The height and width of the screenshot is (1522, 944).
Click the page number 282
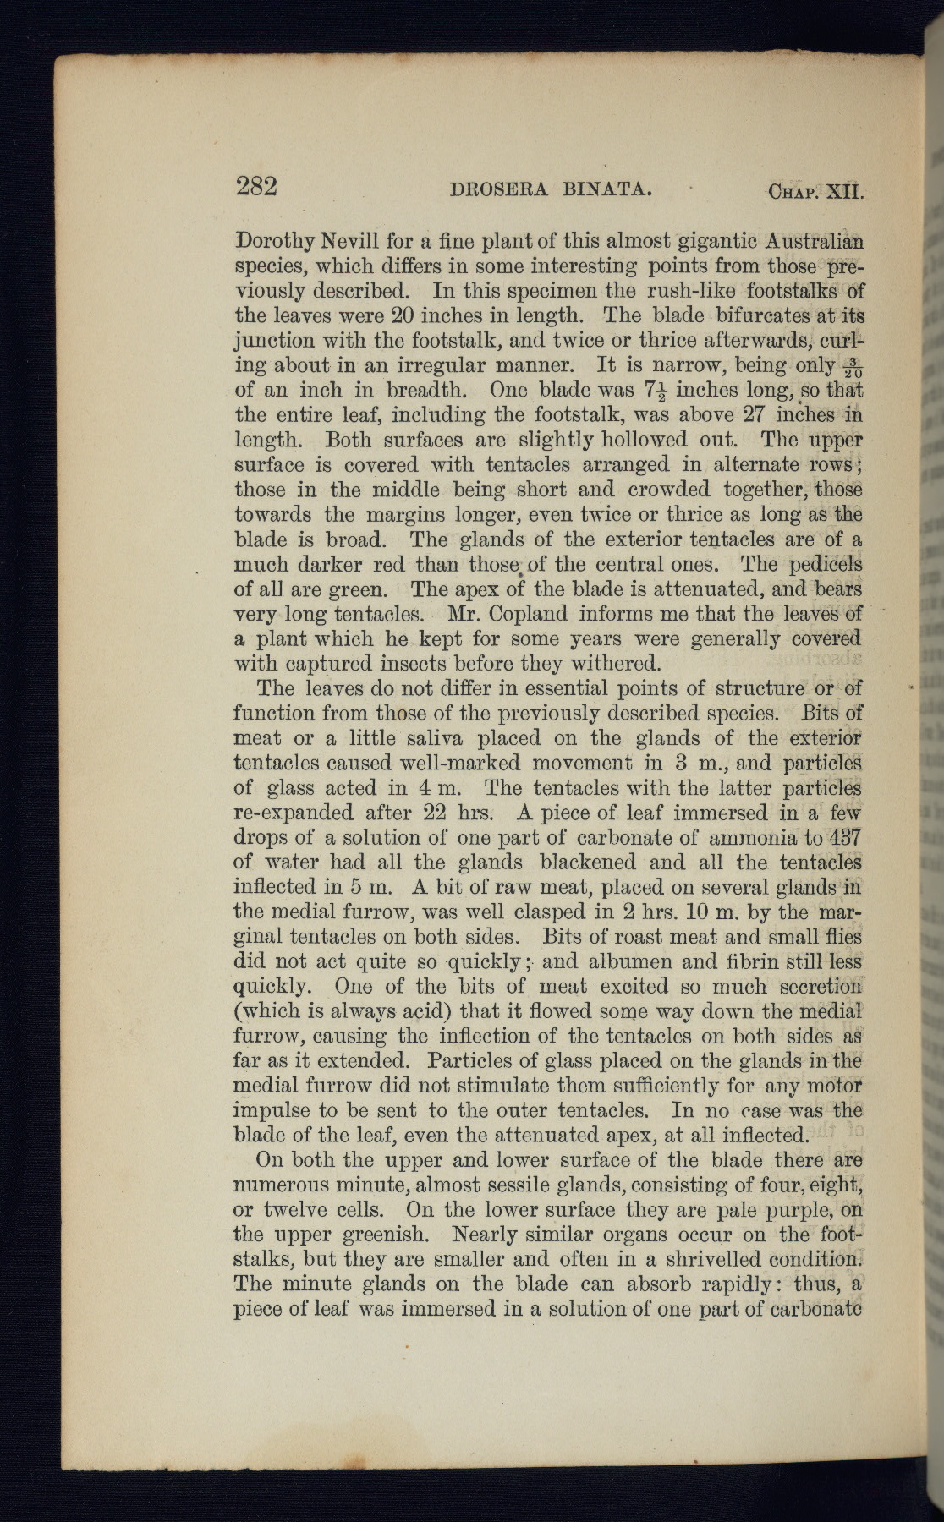256,185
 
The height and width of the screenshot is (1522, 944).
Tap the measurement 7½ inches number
657,391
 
